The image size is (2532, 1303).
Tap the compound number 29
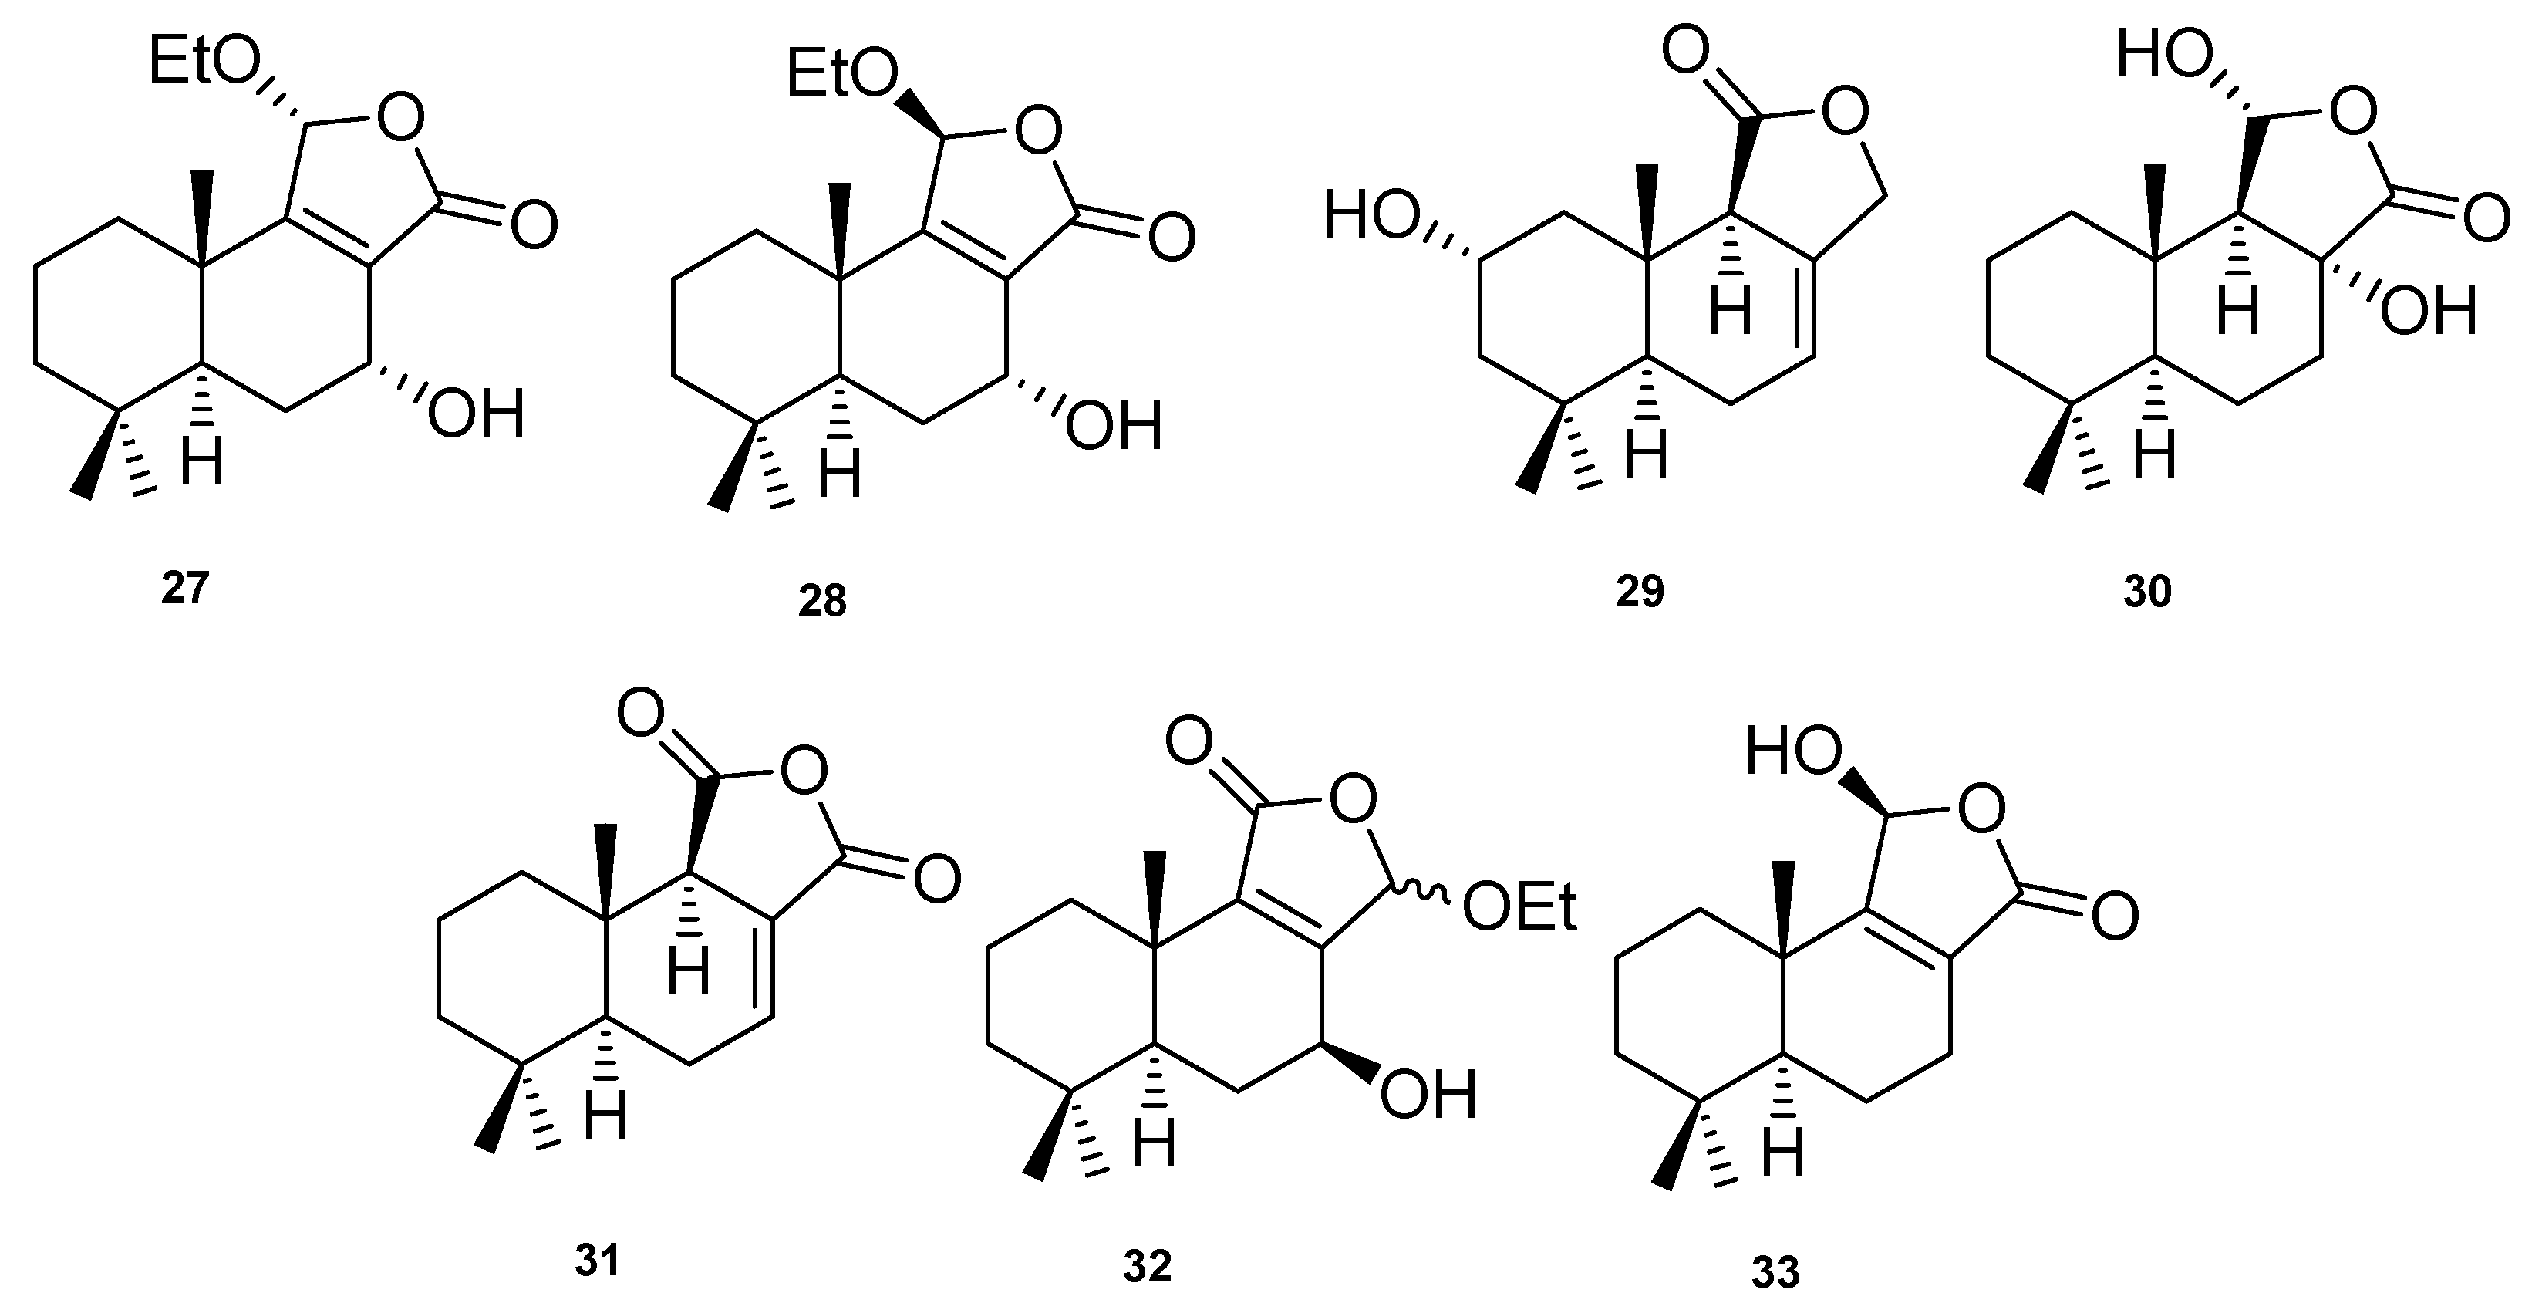tap(1640, 592)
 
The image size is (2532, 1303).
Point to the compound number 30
tap(2146, 592)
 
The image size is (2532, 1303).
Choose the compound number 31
tap(598, 1260)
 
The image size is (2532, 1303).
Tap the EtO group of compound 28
tap(843, 75)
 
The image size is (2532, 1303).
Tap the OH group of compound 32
tap(1428, 1095)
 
